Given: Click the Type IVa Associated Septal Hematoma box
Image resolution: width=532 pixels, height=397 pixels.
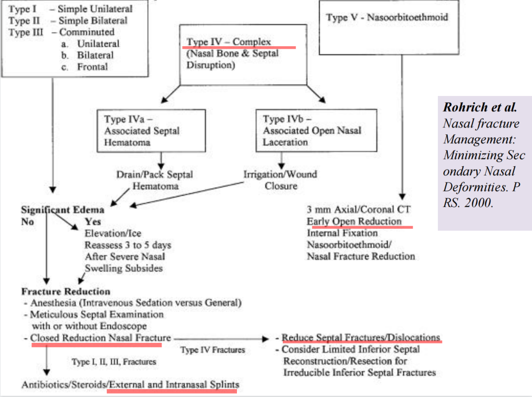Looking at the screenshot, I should click(x=151, y=131).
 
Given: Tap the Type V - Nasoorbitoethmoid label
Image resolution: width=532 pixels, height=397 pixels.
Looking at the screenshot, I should click(x=387, y=17).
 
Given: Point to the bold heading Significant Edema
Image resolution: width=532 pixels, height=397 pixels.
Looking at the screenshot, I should click(x=63, y=210).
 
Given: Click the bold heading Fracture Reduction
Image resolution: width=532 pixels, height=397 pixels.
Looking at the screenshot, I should click(x=66, y=292).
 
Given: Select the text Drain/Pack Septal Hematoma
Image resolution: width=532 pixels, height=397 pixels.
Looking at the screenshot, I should click(x=155, y=181).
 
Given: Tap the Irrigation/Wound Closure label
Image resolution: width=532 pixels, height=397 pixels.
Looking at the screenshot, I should click(x=280, y=180).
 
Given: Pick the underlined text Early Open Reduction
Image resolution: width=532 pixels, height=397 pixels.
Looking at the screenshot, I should click(x=354, y=221).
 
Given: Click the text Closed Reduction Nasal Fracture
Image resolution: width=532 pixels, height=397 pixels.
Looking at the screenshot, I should click(x=100, y=338).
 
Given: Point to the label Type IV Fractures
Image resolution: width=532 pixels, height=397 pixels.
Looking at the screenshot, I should click(x=212, y=350).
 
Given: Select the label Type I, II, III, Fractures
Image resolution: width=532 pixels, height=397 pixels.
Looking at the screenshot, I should click(x=114, y=362).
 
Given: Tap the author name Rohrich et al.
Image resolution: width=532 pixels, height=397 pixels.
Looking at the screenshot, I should click(x=480, y=107).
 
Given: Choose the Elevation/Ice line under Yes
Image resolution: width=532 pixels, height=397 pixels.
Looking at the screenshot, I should click(x=106, y=233).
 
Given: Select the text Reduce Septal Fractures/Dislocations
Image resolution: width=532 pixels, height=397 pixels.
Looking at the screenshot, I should click(x=361, y=338).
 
